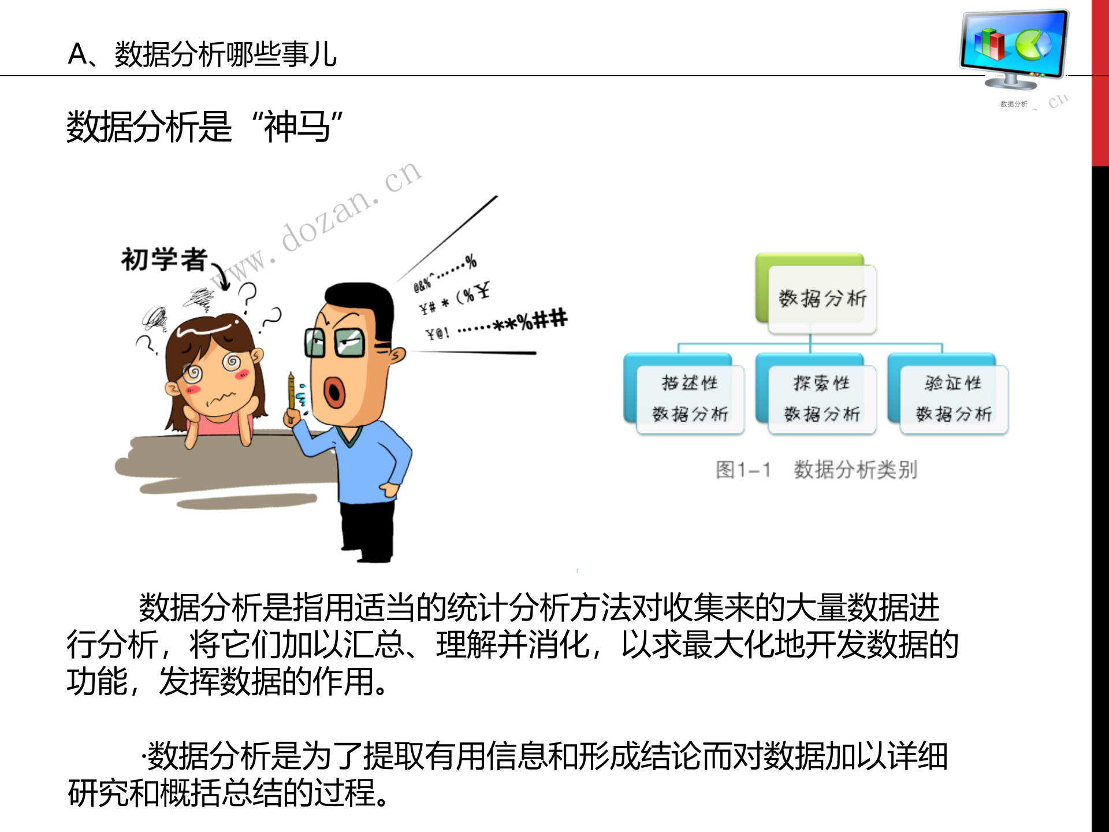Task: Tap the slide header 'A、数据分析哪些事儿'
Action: (202, 55)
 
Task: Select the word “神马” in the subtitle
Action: (297, 127)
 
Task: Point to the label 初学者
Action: (164, 259)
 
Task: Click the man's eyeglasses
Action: (335, 342)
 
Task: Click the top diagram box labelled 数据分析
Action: (821, 298)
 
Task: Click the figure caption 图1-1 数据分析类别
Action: (816, 470)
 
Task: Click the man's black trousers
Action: (367, 529)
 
